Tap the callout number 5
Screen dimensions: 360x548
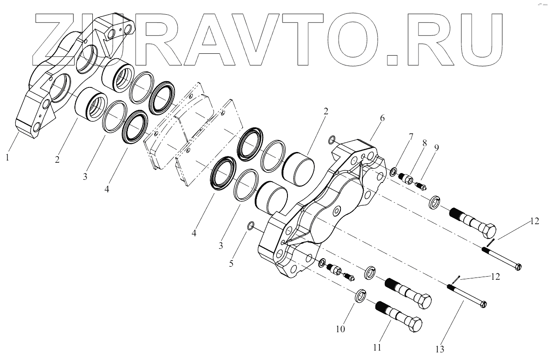point(231,264)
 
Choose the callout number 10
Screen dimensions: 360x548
point(340,329)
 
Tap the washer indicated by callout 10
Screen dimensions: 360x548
point(360,296)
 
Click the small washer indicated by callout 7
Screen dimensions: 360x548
point(393,171)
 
